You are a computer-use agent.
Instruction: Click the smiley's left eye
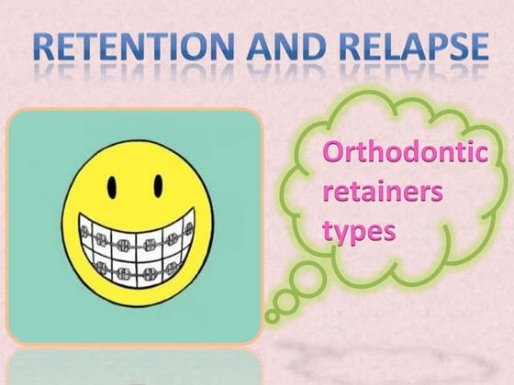(109, 189)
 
